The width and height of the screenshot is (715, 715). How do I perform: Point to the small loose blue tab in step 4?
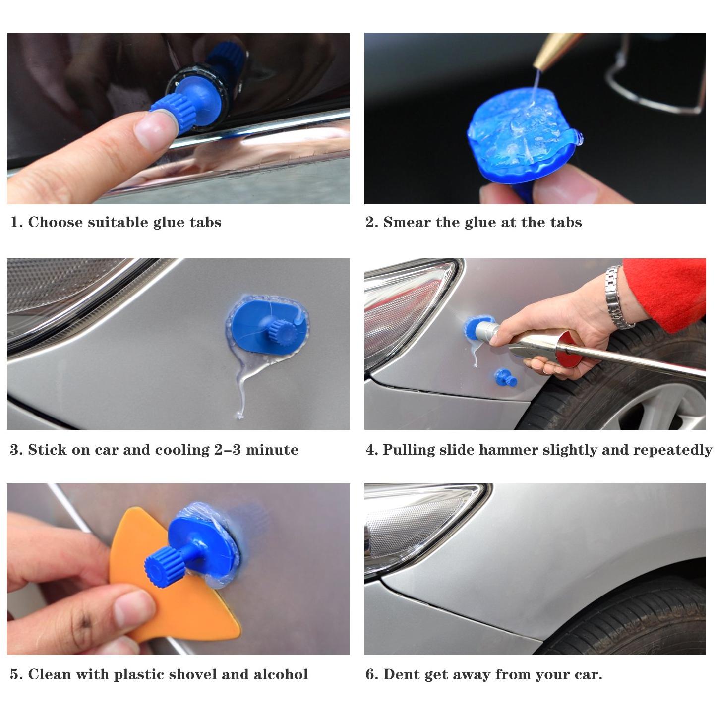tap(506, 378)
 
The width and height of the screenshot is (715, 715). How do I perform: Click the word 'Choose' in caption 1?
tap(55, 222)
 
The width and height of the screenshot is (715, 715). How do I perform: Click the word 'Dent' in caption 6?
tap(402, 674)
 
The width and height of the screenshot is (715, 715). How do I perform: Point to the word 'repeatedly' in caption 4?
tap(672, 450)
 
